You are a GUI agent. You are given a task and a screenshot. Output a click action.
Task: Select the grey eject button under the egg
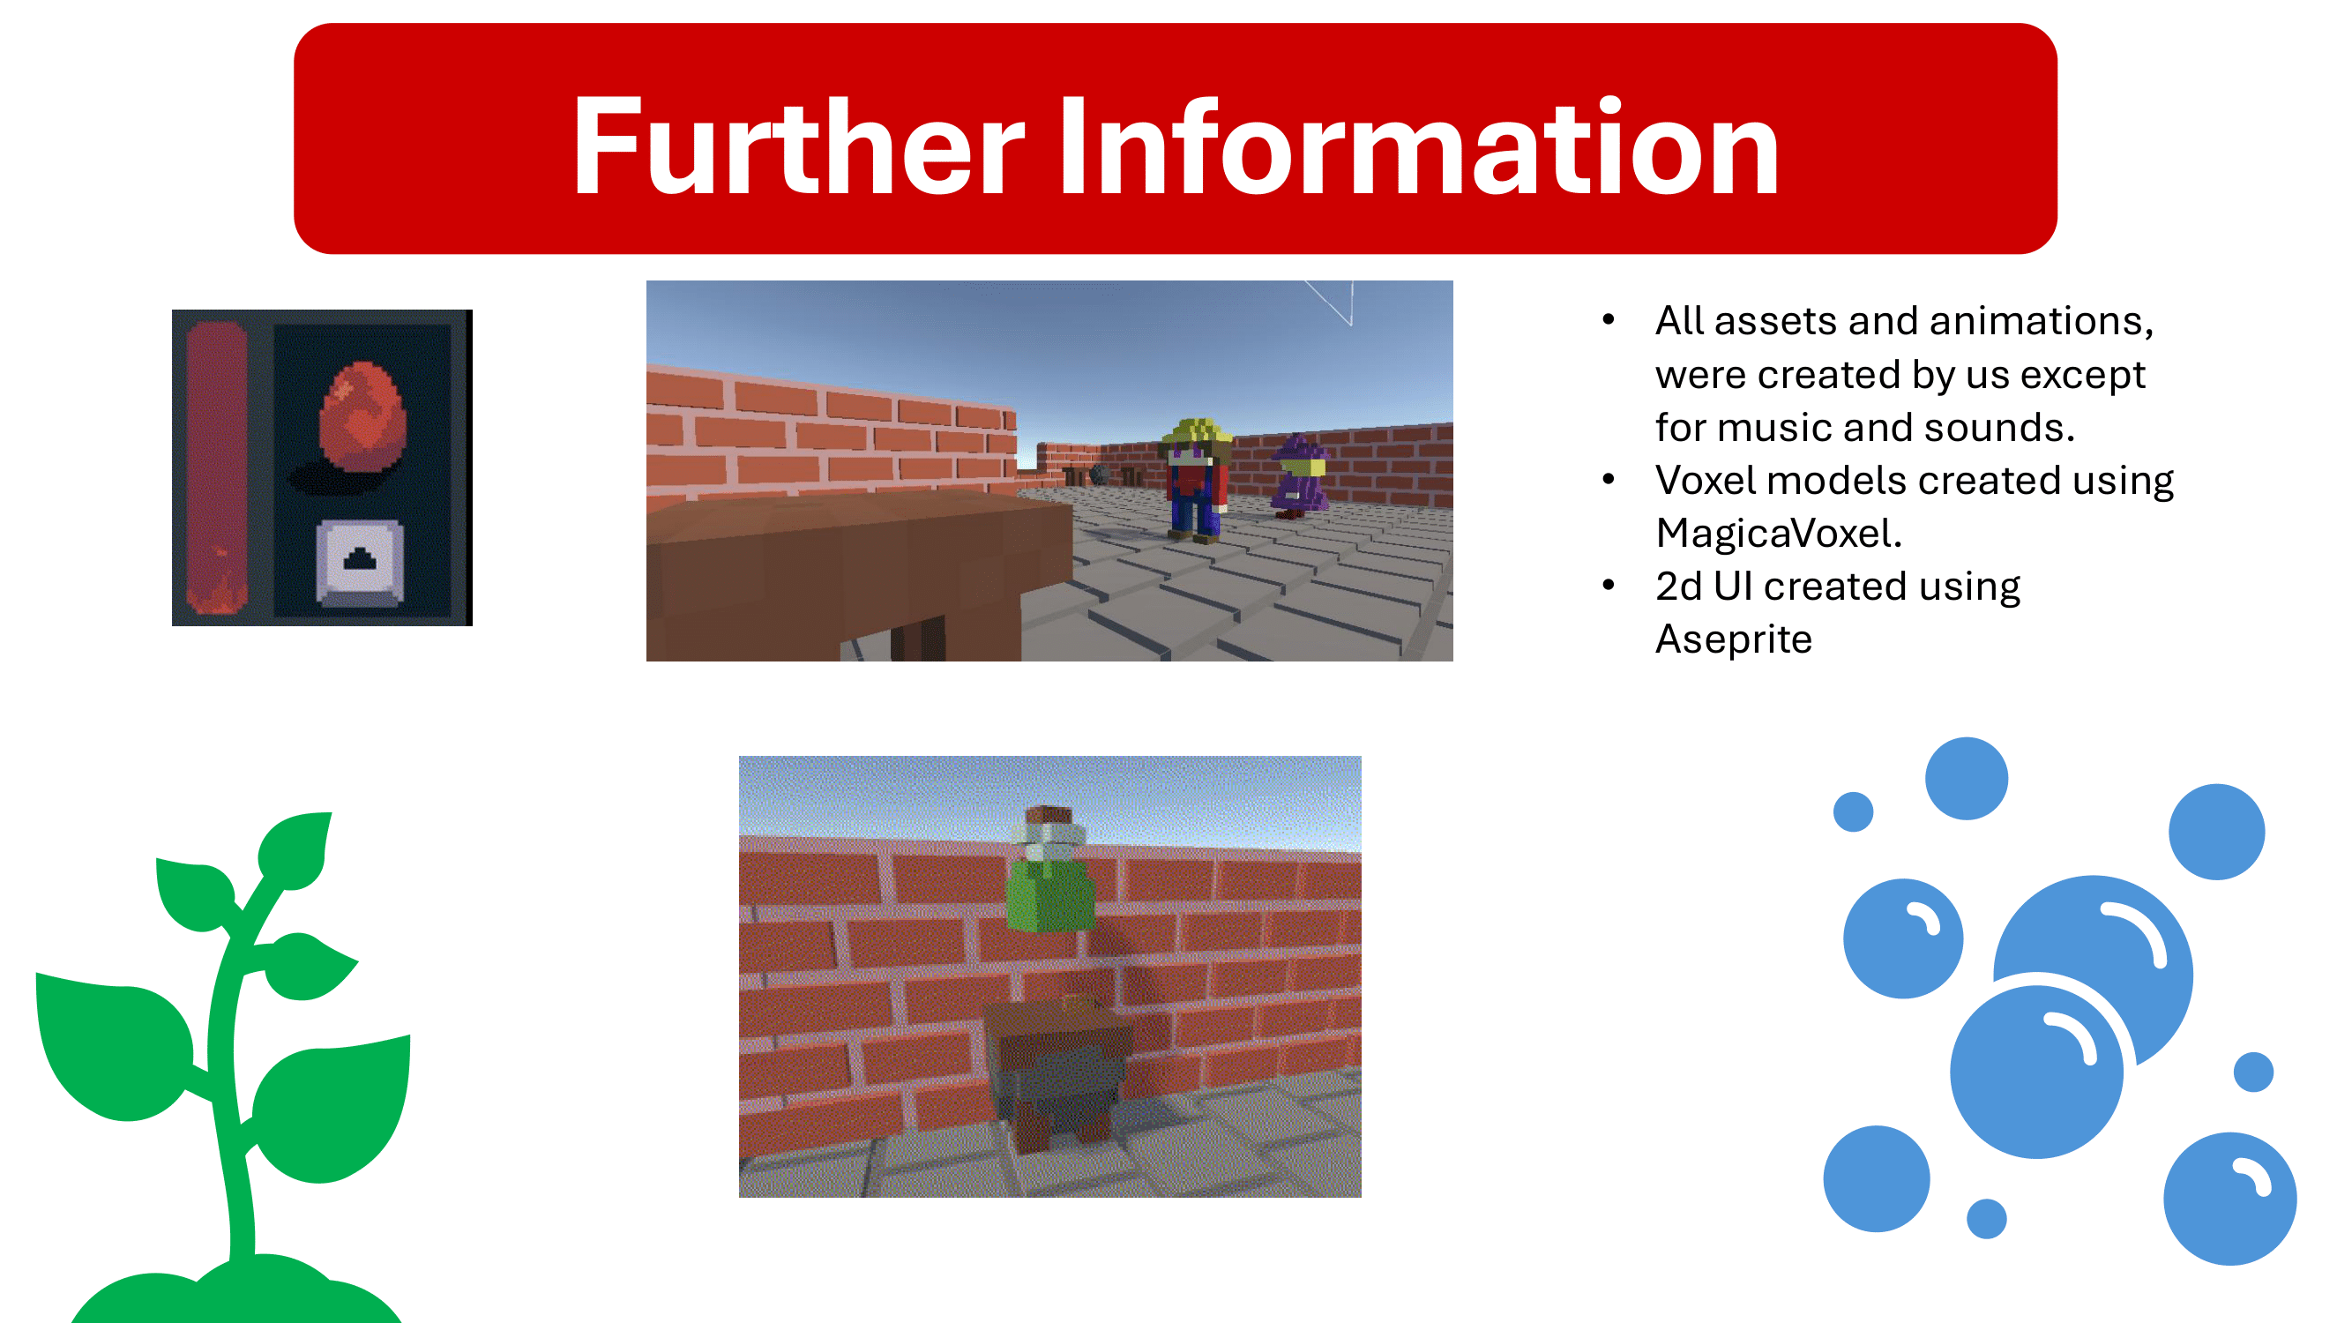(x=360, y=562)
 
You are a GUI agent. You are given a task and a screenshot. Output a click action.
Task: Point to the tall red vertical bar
(x=216, y=468)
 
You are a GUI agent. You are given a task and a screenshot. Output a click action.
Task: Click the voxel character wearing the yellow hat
(x=1196, y=479)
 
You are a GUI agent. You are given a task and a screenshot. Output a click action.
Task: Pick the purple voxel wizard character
(x=1299, y=475)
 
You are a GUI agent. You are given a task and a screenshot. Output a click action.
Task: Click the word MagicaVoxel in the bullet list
(x=1778, y=534)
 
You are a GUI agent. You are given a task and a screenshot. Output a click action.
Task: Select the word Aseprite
(x=1734, y=640)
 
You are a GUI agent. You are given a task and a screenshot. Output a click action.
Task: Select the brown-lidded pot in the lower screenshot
(x=1059, y=1073)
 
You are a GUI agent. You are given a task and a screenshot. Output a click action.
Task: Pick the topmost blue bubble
(x=1966, y=778)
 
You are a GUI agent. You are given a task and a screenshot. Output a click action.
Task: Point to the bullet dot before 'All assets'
(x=1609, y=319)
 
